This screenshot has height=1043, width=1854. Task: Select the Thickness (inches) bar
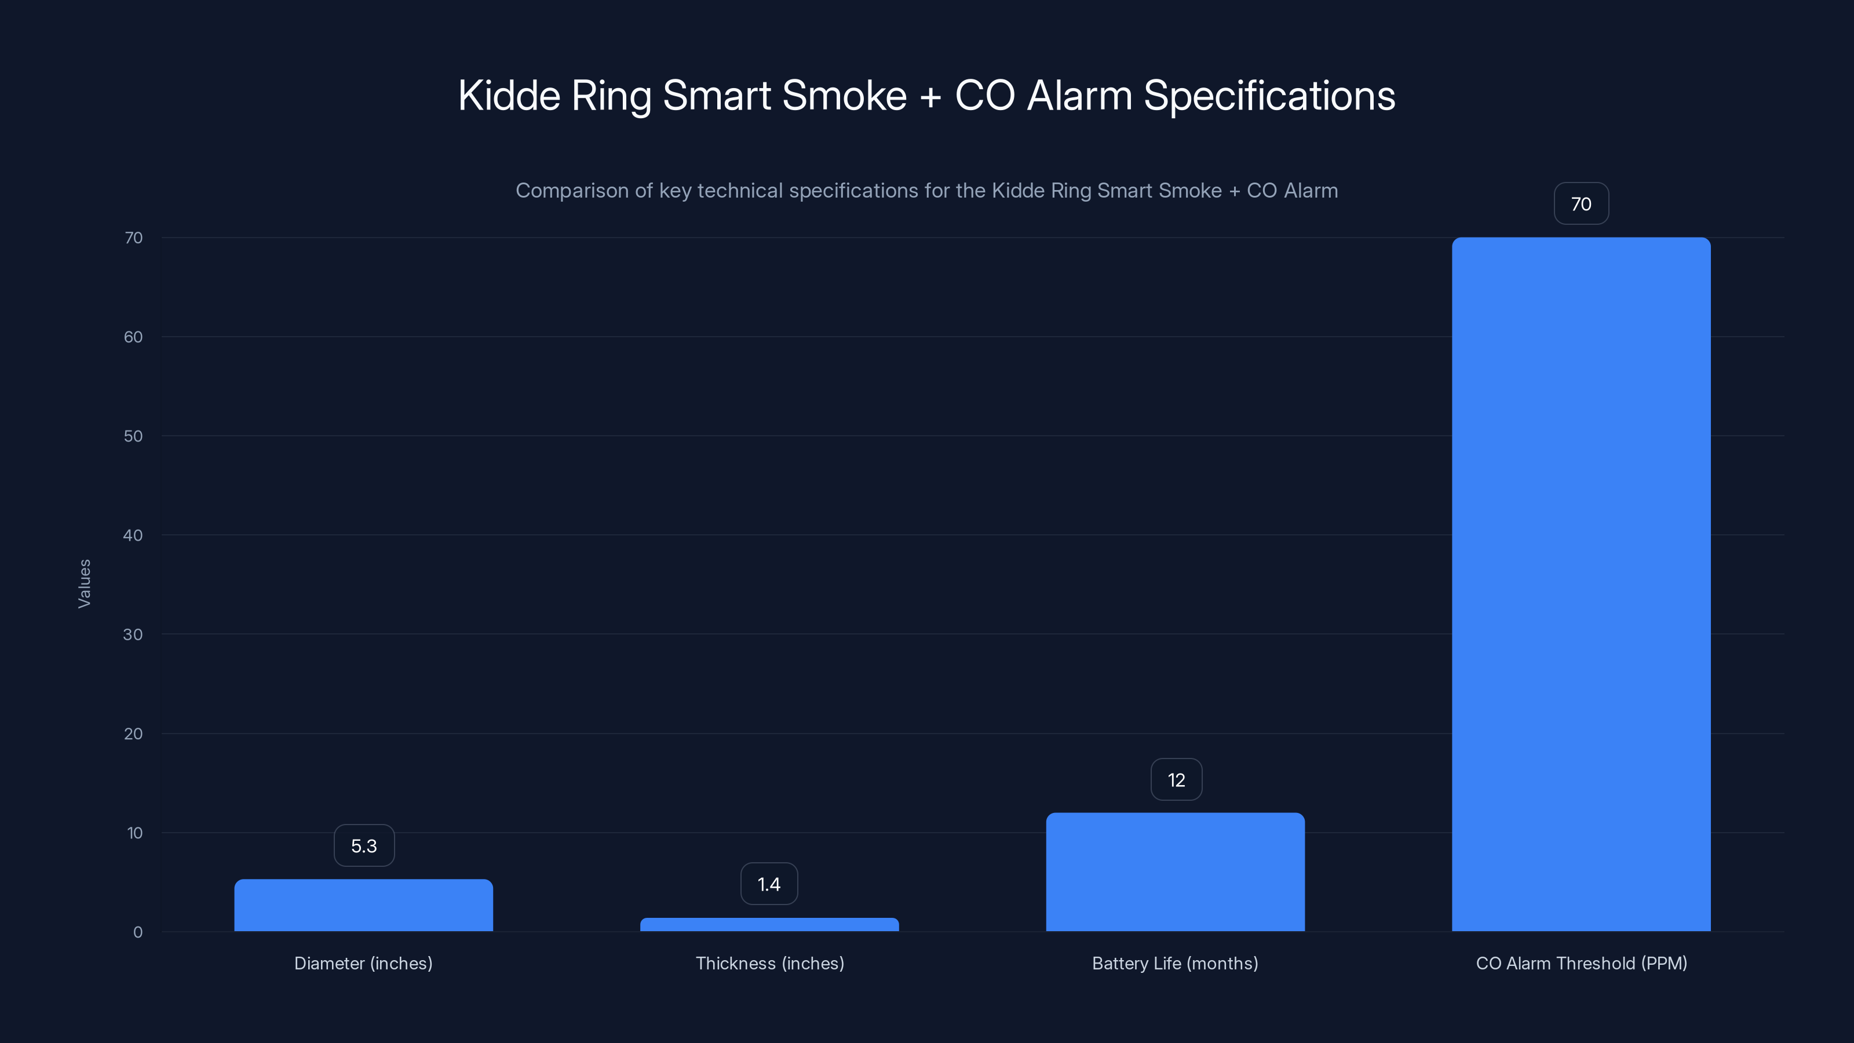pos(769,924)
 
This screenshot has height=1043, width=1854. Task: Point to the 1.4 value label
pos(769,884)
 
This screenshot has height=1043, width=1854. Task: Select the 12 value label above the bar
pos(1176,779)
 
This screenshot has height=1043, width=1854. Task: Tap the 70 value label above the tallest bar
pos(1581,204)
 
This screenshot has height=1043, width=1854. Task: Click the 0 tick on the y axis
pos(137,932)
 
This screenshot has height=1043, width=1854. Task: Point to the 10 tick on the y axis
pos(134,833)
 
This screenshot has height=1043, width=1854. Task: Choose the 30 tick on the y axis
pos(133,634)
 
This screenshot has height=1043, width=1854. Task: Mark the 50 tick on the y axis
pos(133,436)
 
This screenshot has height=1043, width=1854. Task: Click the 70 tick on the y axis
pos(133,238)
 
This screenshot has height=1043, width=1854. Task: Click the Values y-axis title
pos(84,584)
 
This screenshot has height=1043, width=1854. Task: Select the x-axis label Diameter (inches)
pos(363,963)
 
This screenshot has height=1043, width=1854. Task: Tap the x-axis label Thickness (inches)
pos(769,963)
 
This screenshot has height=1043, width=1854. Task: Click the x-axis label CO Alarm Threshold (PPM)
pos(1581,963)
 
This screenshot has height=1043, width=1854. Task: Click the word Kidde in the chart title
pos(509,96)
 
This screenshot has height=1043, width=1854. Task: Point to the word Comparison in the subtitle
pos(572,191)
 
